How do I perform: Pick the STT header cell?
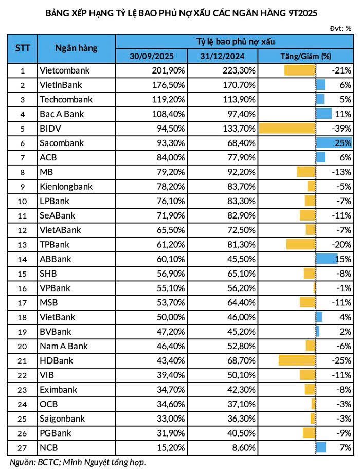pos(22,48)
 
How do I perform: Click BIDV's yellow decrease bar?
pos(287,128)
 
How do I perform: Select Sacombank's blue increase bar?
pos(334,142)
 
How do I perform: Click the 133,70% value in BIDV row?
pos(239,128)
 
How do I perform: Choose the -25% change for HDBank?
pos(341,361)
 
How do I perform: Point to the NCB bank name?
pos(49,447)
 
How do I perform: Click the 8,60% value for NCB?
pos(244,447)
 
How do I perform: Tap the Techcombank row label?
pos(66,99)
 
